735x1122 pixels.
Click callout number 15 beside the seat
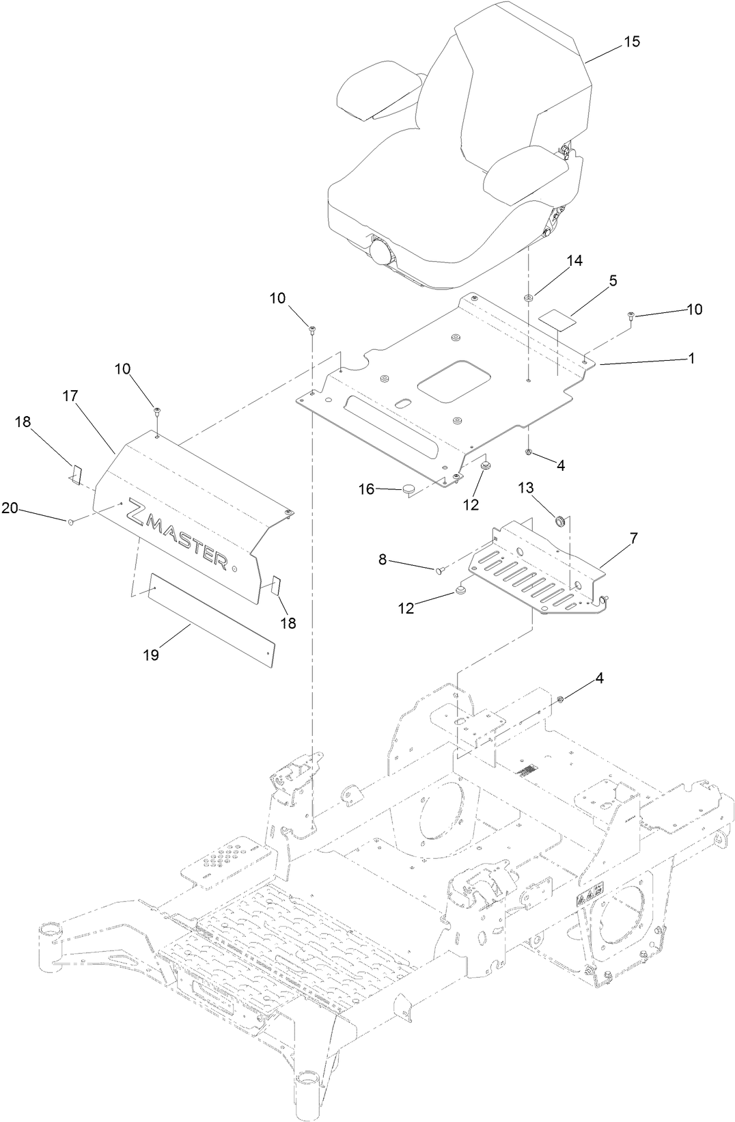632,42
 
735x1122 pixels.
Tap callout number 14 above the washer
574,262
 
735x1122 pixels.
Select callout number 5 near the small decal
613,280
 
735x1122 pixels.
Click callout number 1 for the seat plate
691,358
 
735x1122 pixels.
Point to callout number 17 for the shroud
71,396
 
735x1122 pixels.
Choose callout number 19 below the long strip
151,655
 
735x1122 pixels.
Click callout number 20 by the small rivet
9,507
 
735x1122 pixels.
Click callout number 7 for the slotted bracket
633,539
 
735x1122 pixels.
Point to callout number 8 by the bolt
383,559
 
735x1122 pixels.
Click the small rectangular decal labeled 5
555,317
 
